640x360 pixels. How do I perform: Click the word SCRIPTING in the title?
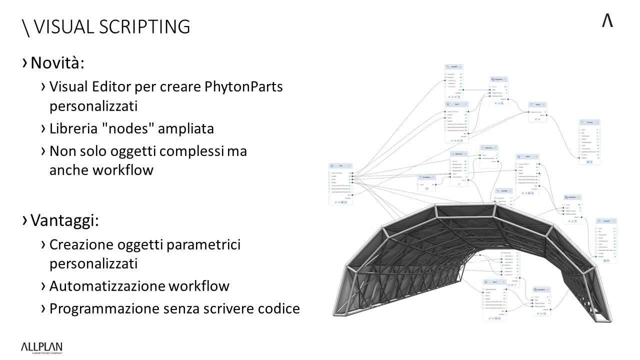pyautogui.click(x=144, y=26)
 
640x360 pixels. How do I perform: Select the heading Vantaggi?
pyautogui.click(x=64, y=220)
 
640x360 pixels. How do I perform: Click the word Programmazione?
pyautogui.click(x=104, y=308)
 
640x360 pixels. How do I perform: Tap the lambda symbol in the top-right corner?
pyautogui.click(x=607, y=21)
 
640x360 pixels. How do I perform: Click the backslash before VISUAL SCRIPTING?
pyautogui.click(x=26, y=27)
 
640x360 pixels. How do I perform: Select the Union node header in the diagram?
pyautogui.click(x=537, y=105)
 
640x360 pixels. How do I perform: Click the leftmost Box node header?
pyautogui.click(x=340, y=165)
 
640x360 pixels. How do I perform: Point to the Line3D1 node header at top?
pyautogui.click(x=454, y=66)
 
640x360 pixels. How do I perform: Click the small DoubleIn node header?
pyautogui.click(x=426, y=177)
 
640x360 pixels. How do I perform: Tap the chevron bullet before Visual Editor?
pyautogui.click(x=43, y=87)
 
